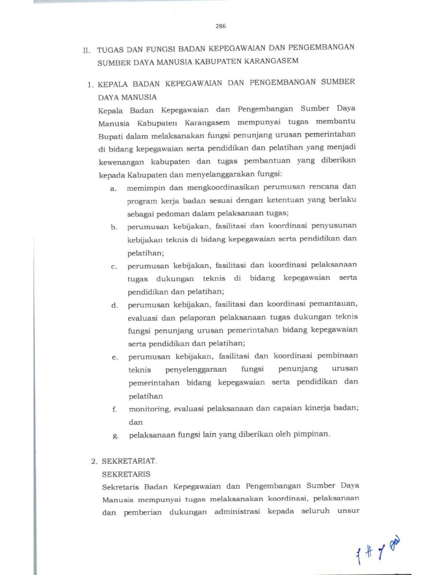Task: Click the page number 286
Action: coord(221,26)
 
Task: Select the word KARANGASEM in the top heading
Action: coord(271,61)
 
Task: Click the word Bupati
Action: coord(109,135)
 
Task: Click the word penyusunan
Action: coord(334,225)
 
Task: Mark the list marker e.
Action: coord(115,357)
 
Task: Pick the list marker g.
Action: coord(115,436)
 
